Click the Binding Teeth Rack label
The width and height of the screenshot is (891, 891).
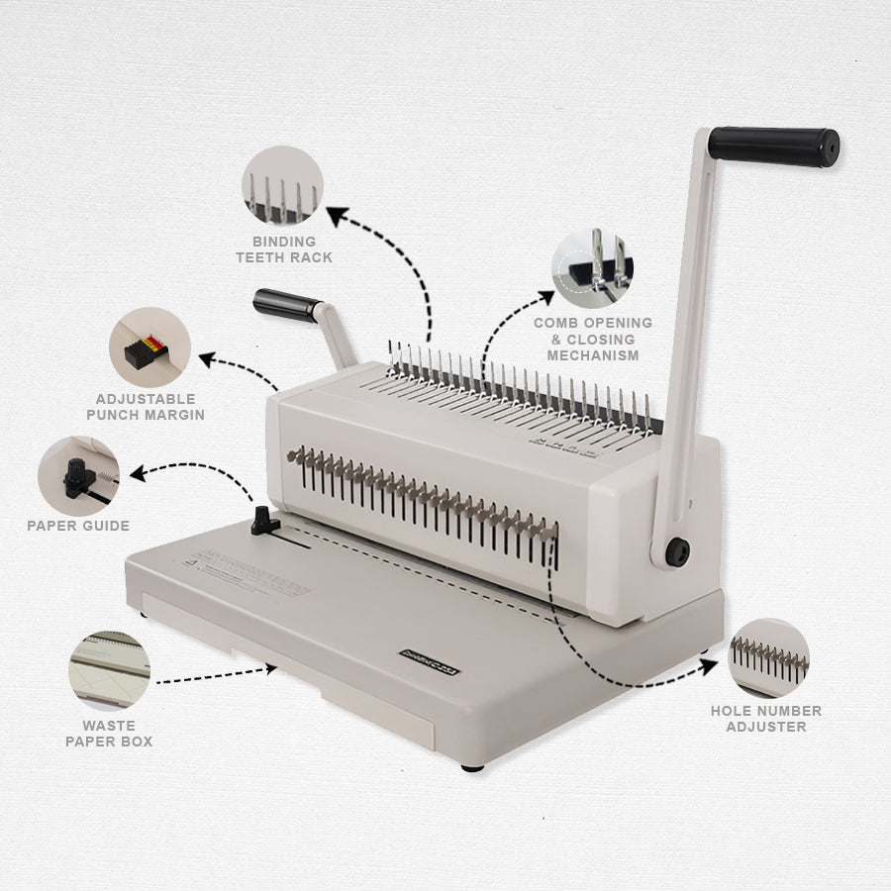284,249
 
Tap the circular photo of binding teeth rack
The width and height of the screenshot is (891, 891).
283,186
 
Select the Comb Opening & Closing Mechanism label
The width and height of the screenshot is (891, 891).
593,339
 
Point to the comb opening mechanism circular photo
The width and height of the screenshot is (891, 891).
593,269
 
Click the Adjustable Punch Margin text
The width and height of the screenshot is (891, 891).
146,407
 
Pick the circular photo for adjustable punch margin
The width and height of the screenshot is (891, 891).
150,346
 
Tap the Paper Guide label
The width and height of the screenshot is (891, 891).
78,526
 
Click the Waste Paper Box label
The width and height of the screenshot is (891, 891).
109,734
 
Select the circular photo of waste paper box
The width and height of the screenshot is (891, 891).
109,670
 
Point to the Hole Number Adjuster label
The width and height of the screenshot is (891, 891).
766,719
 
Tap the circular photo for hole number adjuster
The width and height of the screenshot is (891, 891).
768,658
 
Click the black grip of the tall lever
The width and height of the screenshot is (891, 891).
773,146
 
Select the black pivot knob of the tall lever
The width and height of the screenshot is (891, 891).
677,552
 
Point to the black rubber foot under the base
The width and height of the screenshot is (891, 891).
472,766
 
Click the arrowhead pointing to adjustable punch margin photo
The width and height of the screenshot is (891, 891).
206,356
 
